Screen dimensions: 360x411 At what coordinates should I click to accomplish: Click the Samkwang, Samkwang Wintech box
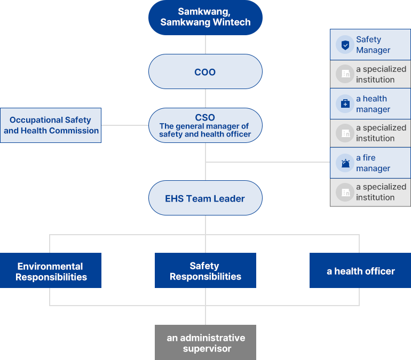[205, 18]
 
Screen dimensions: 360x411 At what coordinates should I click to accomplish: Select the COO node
[205, 71]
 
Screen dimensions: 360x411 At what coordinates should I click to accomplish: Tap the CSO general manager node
[205, 126]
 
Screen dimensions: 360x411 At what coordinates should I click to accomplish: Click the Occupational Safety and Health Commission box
[51, 125]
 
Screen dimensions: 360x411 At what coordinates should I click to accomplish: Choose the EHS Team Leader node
[205, 198]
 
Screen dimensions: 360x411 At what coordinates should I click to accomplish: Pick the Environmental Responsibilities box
[51, 271]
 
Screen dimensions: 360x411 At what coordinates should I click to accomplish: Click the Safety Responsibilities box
[205, 271]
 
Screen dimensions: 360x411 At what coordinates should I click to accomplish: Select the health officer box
[360, 271]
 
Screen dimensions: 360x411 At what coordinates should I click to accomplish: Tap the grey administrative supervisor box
[205, 342]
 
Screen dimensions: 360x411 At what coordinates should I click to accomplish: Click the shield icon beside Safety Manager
[345, 45]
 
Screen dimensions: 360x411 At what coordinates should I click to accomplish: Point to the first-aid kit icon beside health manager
[345, 104]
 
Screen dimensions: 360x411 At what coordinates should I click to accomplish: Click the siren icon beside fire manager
[345, 163]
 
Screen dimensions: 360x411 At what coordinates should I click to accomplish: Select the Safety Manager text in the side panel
[373, 45]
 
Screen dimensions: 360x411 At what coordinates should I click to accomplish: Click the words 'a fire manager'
[373, 163]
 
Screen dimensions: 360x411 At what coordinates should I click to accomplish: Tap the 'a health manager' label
[373, 104]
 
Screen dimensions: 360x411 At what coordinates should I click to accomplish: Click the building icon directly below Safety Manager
[345, 74]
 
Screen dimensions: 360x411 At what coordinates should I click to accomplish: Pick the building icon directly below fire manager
[345, 192]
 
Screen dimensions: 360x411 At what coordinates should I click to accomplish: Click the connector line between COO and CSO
[205, 99]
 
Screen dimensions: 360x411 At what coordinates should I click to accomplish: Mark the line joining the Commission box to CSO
[125, 125]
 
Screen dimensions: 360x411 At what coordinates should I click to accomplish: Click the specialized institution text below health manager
[381, 133]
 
